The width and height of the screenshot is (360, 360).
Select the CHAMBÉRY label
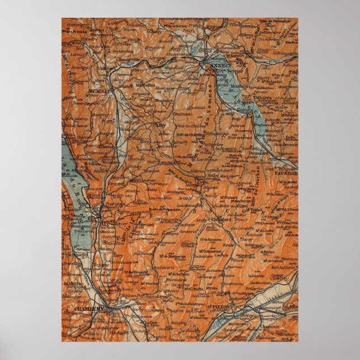89,308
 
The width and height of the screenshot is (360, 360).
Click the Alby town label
161,125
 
